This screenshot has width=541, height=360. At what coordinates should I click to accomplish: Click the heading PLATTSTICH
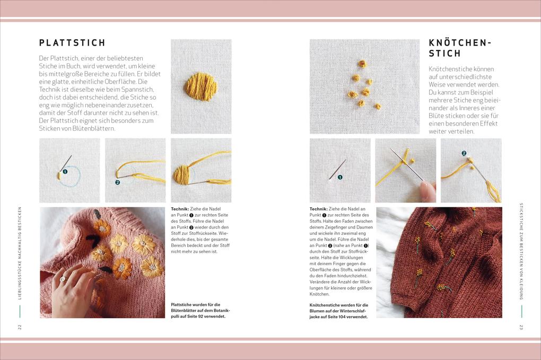72,43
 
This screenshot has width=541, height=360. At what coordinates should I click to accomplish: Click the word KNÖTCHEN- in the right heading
459,42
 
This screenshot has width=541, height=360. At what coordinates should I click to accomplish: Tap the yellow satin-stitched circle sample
201,86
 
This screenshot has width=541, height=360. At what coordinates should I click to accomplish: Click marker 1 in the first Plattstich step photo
65,171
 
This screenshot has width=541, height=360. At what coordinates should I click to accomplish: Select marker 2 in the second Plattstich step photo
117,182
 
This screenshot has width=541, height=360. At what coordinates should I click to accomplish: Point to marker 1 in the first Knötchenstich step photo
340,177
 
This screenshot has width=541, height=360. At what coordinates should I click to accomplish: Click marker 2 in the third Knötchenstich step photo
464,153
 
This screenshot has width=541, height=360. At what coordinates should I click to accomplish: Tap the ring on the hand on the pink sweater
63,279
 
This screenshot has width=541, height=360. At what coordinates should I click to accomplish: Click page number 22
20,327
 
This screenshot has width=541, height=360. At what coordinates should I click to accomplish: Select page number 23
521,327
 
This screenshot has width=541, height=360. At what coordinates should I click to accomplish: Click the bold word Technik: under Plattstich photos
180,209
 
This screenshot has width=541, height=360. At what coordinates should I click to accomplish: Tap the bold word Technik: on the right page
318,209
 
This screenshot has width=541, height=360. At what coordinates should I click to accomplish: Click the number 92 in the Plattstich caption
200,317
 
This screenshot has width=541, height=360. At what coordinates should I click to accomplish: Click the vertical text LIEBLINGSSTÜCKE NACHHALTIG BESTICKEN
20,253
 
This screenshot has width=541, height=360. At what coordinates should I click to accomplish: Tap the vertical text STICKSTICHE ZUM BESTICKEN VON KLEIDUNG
521,251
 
